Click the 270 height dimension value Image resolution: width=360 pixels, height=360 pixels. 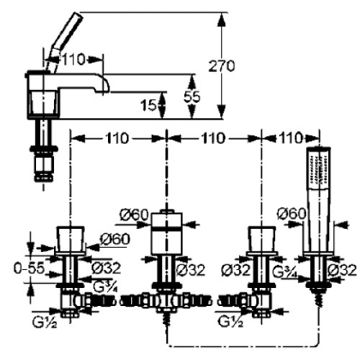(x=221, y=66)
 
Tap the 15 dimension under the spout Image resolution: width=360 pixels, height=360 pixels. (x=148, y=105)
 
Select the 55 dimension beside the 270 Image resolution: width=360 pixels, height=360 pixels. (x=192, y=96)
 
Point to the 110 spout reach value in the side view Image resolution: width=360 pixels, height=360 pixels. (x=73, y=59)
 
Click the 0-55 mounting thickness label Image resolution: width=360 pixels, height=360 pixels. (x=30, y=268)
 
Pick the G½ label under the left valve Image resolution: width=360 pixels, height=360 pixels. (x=45, y=322)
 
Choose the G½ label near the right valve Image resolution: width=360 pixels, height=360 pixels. (x=230, y=321)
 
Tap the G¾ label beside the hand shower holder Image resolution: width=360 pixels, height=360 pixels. (x=286, y=271)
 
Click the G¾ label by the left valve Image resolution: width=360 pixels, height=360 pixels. (x=106, y=286)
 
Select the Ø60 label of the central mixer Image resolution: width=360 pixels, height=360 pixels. (x=134, y=215)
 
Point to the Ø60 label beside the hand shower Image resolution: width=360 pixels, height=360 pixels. (x=292, y=213)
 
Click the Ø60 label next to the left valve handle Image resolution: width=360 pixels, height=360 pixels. (x=115, y=239)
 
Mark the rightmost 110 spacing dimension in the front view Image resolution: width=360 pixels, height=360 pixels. (x=290, y=138)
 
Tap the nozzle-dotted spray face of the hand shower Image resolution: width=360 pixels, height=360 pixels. (x=319, y=171)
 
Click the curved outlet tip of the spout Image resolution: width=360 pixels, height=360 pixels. (x=104, y=85)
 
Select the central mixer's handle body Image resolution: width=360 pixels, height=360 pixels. (x=167, y=233)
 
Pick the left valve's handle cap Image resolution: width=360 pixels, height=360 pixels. (x=71, y=239)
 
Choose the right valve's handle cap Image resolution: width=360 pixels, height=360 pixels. (x=261, y=239)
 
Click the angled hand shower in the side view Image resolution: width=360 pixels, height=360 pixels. (x=66, y=42)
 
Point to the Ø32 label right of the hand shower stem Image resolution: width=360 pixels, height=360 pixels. (x=342, y=270)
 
